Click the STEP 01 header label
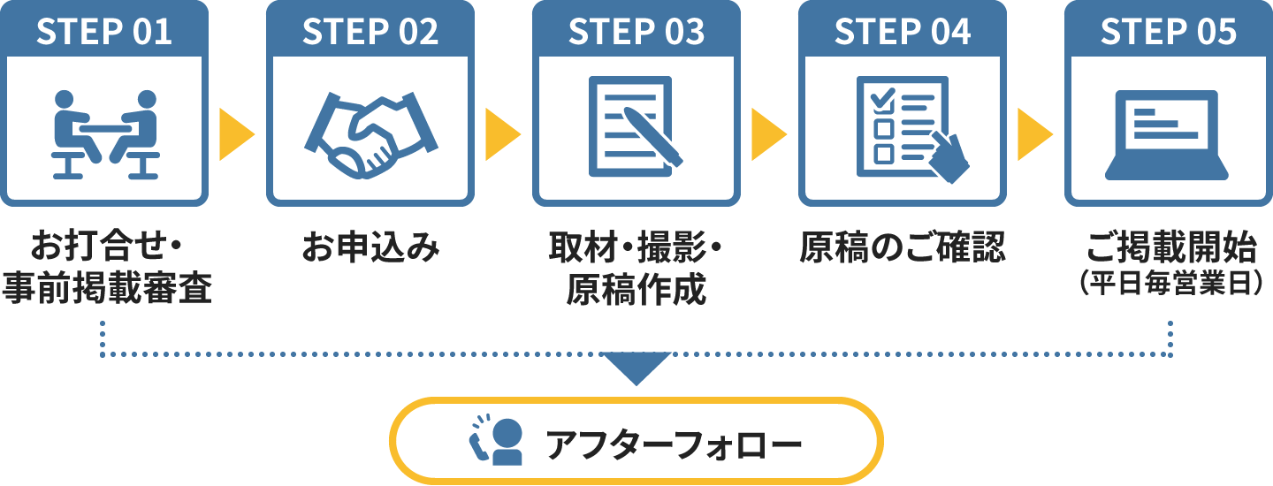[x=104, y=32]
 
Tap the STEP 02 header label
[x=370, y=32]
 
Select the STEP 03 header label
[x=636, y=32]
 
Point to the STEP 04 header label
[x=903, y=32]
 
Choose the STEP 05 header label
[x=1169, y=32]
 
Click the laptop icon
[x=1168, y=133]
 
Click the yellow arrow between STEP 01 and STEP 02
[x=236, y=134]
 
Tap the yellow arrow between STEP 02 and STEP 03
[x=502, y=134]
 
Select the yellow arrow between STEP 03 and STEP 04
[x=768, y=134]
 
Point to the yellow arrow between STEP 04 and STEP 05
[x=1034, y=134]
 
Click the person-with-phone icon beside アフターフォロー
[x=496, y=439]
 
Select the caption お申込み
[x=370, y=248]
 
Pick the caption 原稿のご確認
[x=903, y=248]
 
